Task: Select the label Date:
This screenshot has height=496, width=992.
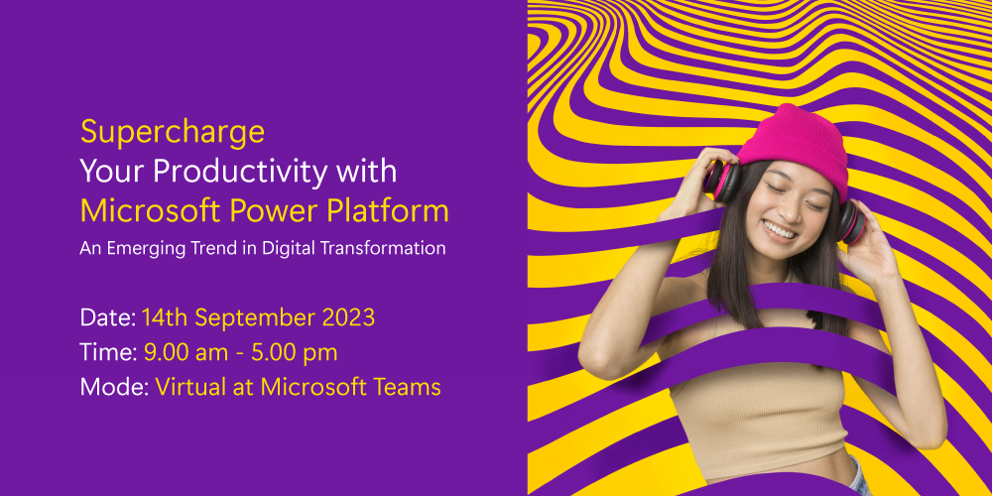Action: click(108, 317)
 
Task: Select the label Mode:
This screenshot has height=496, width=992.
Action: click(114, 387)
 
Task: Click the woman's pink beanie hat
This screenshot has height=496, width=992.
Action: click(794, 149)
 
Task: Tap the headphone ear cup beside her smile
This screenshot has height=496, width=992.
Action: click(851, 221)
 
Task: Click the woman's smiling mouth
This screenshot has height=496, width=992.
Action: click(780, 230)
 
